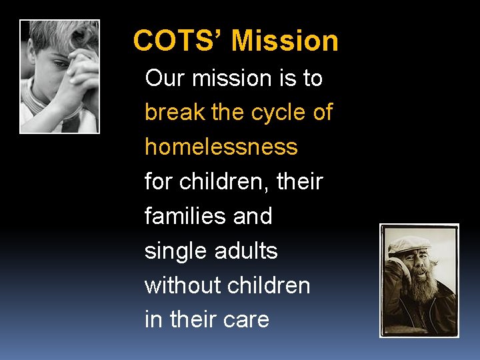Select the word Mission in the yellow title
(285, 41)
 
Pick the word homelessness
(221, 147)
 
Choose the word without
(183, 285)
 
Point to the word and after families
(253, 216)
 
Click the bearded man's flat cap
(409, 244)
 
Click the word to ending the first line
(311, 78)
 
